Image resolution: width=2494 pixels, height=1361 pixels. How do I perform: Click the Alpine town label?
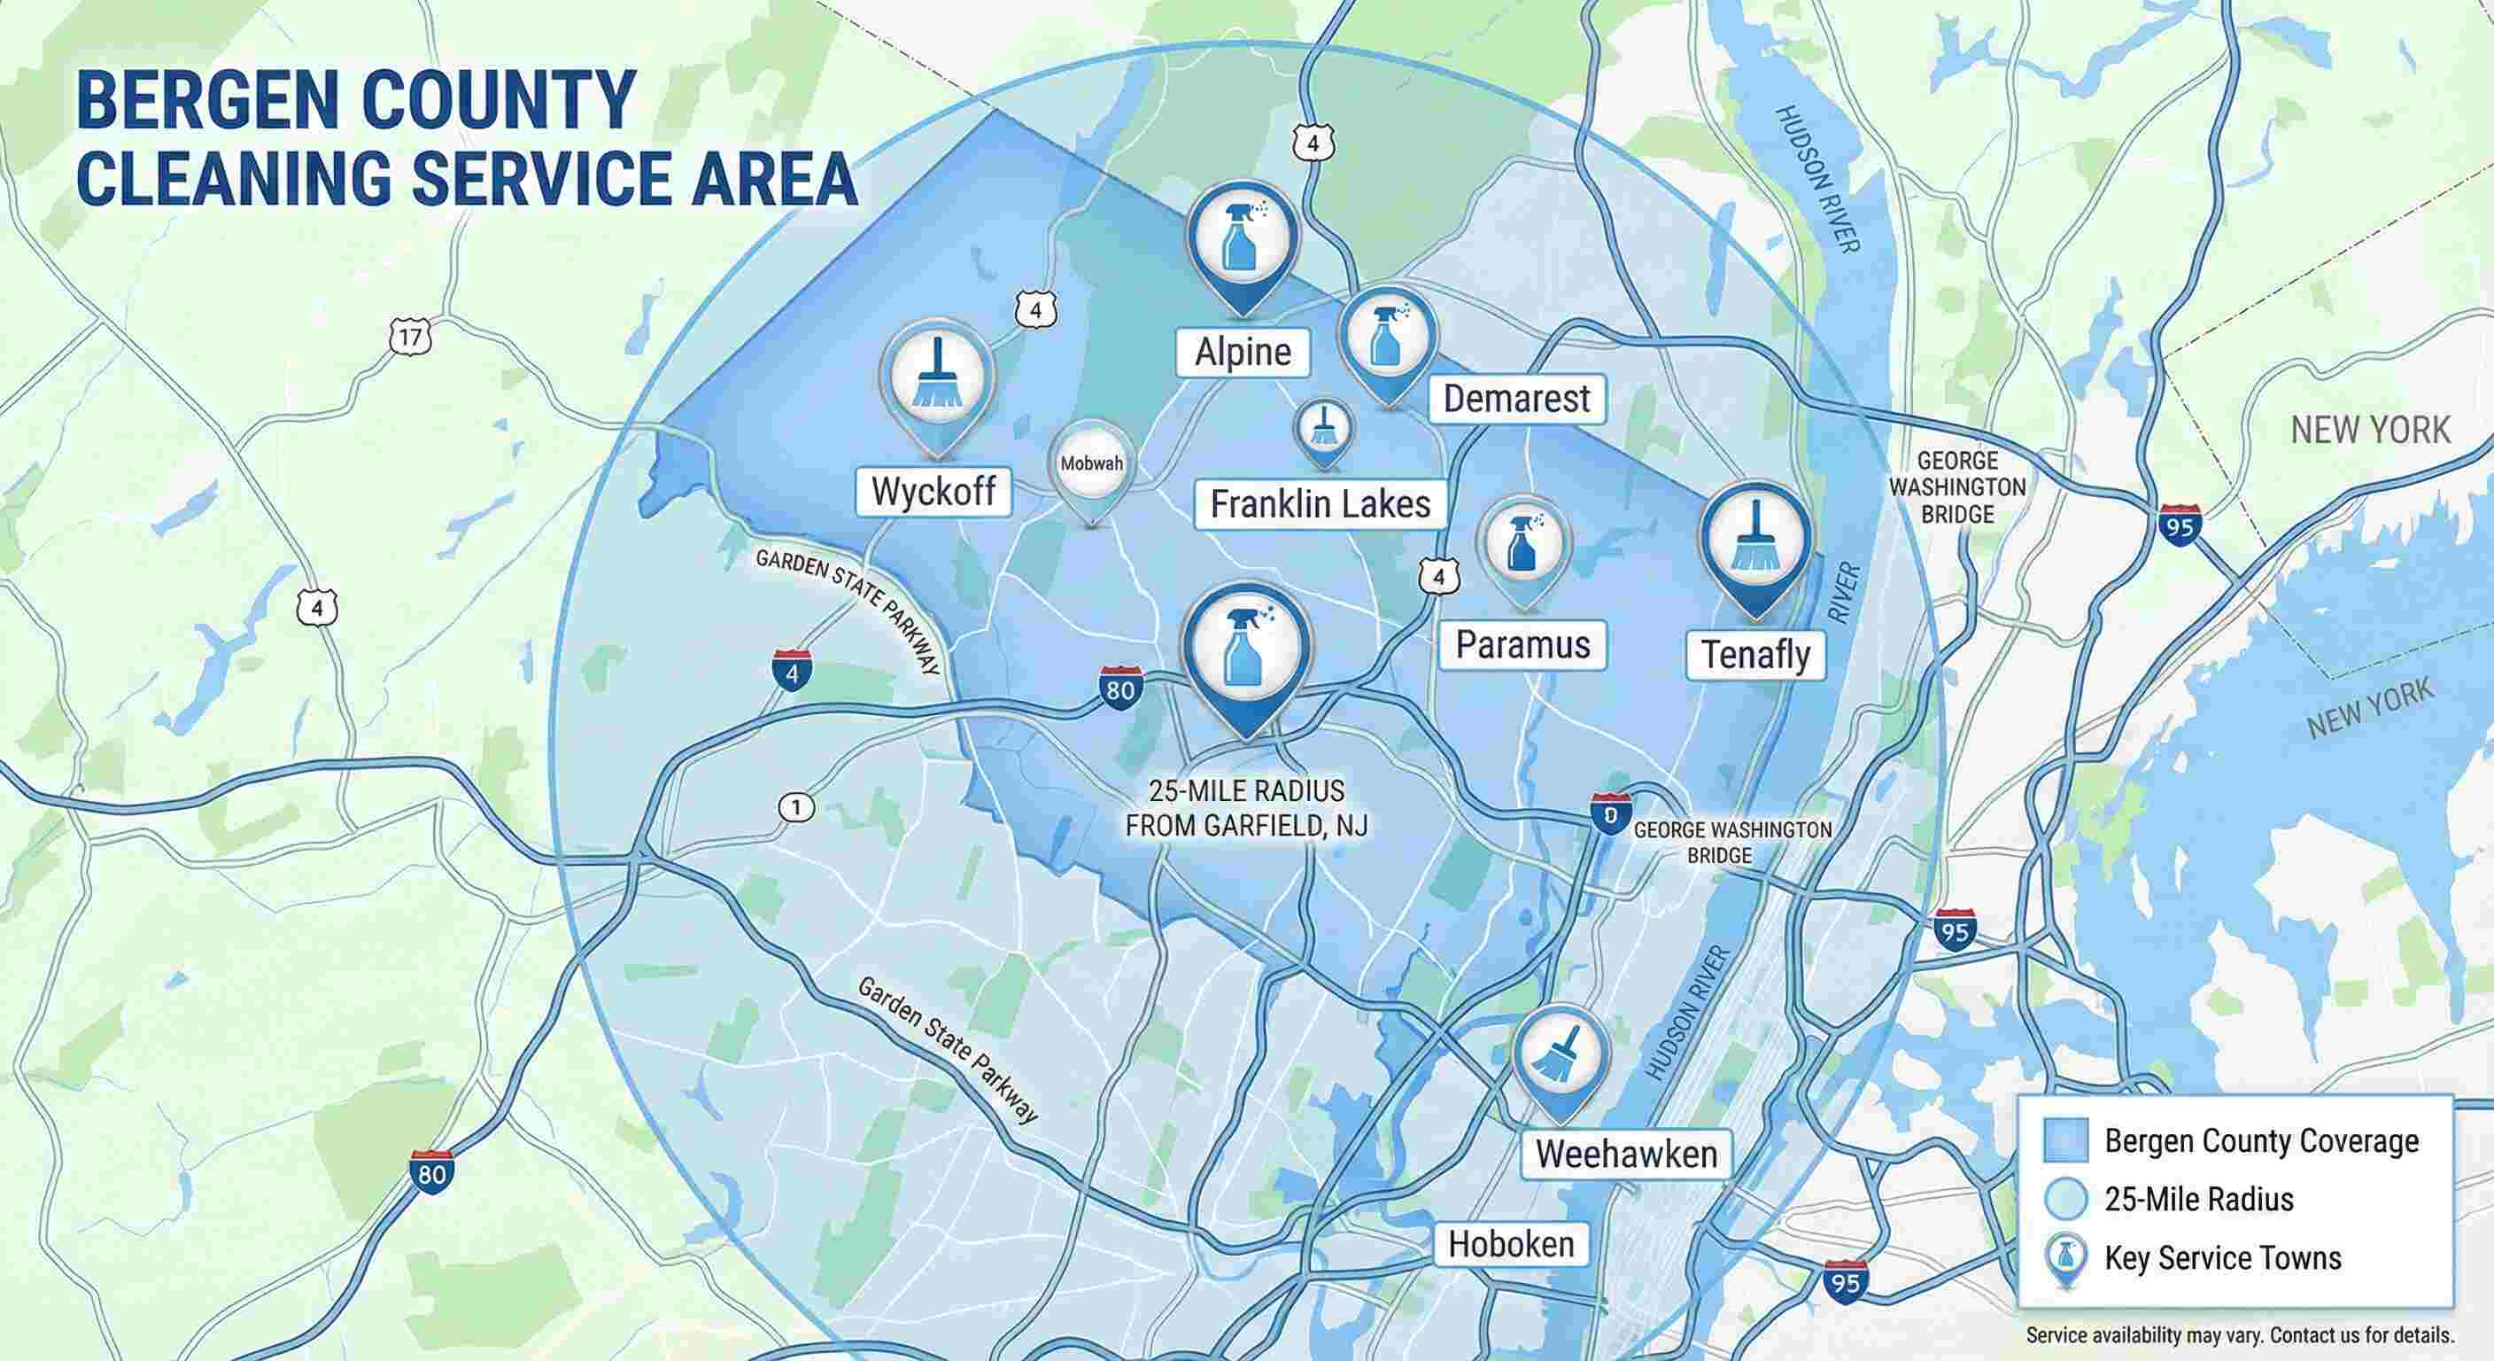1243,352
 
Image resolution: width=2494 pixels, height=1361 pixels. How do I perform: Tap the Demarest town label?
1517,398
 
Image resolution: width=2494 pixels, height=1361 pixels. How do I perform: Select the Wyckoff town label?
933,491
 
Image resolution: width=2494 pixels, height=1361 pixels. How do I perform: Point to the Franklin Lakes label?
1321,503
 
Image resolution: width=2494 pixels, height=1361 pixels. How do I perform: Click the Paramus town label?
1523,645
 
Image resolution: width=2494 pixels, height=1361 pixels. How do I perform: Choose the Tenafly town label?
1755,655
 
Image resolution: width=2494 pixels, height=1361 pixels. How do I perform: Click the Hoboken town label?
1511,1244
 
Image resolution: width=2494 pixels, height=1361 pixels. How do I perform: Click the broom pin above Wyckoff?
937,377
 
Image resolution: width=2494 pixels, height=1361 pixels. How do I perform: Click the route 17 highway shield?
411,337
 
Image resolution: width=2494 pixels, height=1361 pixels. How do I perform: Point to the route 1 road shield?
796,807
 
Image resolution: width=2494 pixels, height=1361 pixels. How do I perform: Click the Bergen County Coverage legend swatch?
2065,1140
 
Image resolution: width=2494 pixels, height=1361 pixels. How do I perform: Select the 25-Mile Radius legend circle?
2065,1199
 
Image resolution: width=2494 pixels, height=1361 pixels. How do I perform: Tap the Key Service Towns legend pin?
2065,1258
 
